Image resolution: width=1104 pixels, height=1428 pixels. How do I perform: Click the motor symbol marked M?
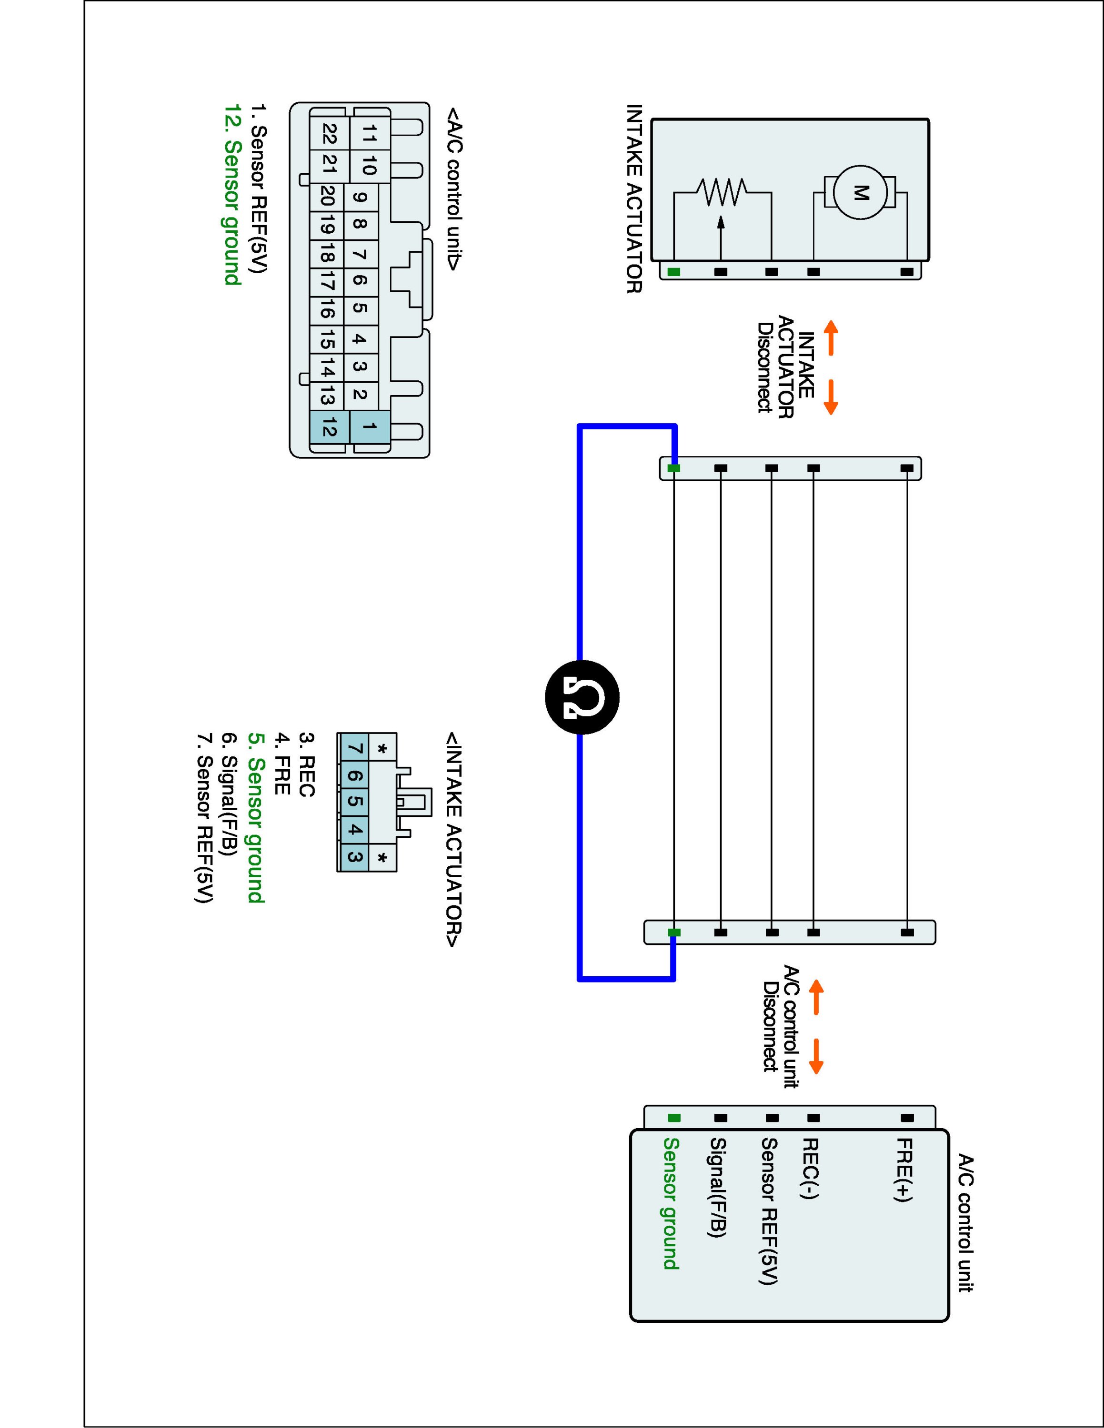pyautogui.click(x=861, y=192)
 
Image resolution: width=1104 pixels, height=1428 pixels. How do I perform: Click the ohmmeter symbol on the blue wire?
pyautogui.click(x=582, y=697)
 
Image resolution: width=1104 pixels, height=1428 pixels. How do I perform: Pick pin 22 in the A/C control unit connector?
pyautogui.click(x=329, y=134)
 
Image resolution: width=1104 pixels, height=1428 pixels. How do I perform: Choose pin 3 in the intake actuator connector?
pyautogui.click(x=354, y=856)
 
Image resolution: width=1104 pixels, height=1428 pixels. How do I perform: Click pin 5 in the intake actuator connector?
pyautogui.click(x=354, y=802)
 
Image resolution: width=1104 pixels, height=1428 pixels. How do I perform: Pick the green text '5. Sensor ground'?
pyautogui.click(x=256, y=817)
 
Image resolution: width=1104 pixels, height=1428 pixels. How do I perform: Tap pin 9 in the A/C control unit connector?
pyautogui.click(x=360, y=197)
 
